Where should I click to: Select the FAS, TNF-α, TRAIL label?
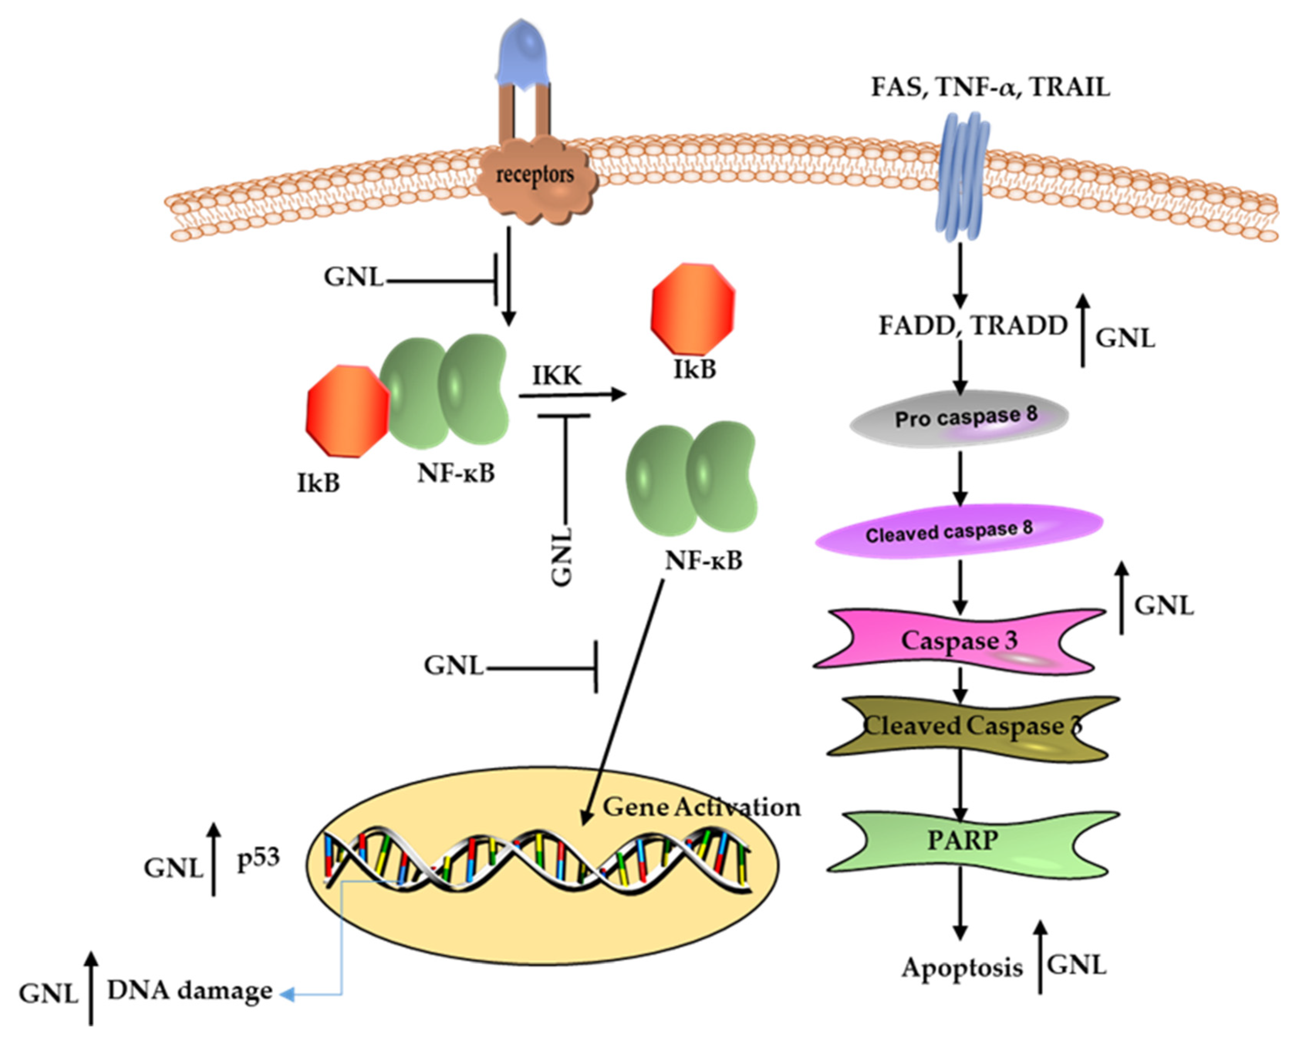click(990, 88)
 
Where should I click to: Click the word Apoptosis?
click(961, 968)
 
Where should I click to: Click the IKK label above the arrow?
click(557, 376)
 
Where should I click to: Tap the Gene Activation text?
click(701, 807)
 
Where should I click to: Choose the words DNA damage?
click(190, 991)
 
